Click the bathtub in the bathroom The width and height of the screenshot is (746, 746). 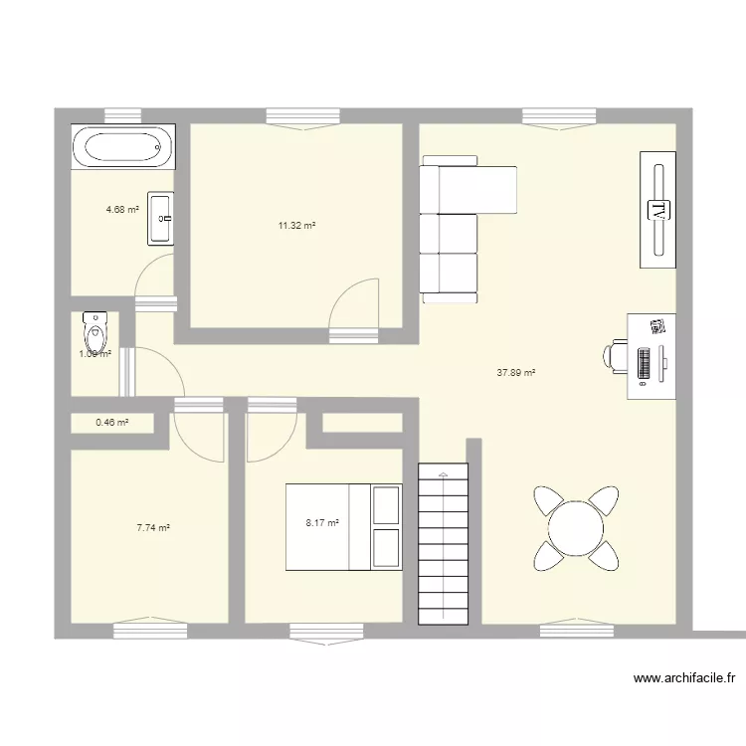(x=123, y=148)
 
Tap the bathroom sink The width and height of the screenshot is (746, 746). (x=161, y=218)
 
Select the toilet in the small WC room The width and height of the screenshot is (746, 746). (x=93, y=328)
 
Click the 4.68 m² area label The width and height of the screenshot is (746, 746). (x=122, y=210)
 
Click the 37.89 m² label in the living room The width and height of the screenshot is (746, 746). (x=515, y=373)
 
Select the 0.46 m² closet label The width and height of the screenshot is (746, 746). (x=111, y=423)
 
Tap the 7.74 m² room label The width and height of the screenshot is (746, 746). (x=152, y=529)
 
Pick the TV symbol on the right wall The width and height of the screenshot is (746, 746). (x=657, y=209)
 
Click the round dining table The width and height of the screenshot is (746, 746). (x=576, y=527)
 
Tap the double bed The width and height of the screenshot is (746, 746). (x=344, y=527)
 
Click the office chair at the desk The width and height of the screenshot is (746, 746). (x=615, y=356)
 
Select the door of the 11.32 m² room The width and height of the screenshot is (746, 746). (x=354, y=308)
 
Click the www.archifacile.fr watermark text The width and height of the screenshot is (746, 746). (x=684, y=680)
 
